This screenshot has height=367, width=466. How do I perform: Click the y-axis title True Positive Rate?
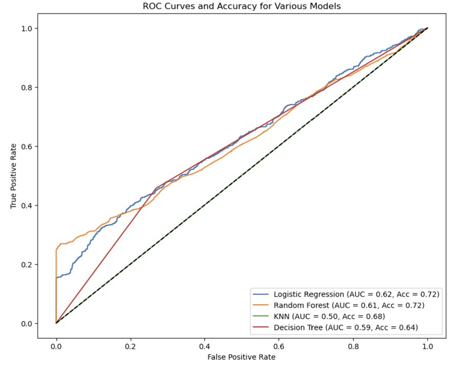pyautogui.click(x=14, y=175)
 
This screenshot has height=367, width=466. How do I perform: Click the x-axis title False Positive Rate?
pyautogui.click(x=241, y=356)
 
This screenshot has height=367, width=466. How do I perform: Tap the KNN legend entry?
pyautogui.click(x=329, y=316)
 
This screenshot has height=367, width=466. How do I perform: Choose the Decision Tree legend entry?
pyautogui.click(x=346, y=327)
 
